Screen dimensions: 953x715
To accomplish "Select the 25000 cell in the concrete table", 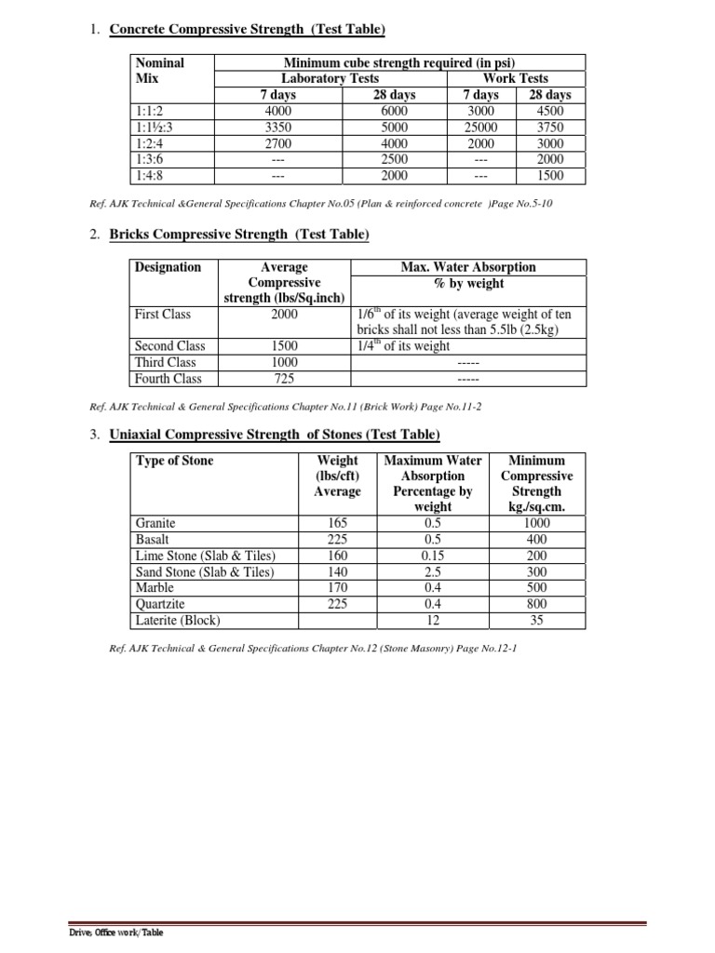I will coord(480,127).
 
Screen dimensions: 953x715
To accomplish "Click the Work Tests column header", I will coord(515,78).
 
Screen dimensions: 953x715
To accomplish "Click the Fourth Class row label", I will coord(169,379).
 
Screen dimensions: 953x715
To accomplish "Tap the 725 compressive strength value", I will coord(284,379).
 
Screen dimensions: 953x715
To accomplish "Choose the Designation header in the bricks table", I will coord(168,267).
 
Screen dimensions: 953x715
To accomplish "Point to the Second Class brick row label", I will coord(170,346).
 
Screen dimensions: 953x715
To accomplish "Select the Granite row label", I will coord(155,524).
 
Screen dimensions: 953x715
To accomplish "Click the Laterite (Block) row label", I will coord(180,619).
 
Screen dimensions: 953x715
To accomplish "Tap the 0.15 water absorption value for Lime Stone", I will coord(431,556).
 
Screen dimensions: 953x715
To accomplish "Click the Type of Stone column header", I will coord(174,461).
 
